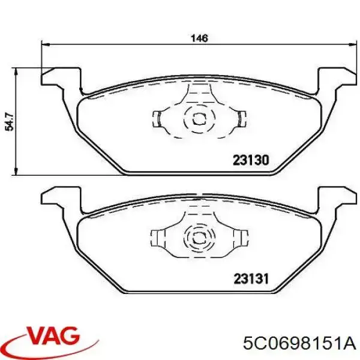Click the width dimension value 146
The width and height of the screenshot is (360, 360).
pyautogui.click(x=199, y=38)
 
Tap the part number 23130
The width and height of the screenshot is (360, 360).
pyautogui.click(x=250, y=161)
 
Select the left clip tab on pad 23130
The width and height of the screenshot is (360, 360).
pyautogui.click(x=158, y=118)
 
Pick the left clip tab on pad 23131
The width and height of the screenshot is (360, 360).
pyautogui.click(x=158, y=236)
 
